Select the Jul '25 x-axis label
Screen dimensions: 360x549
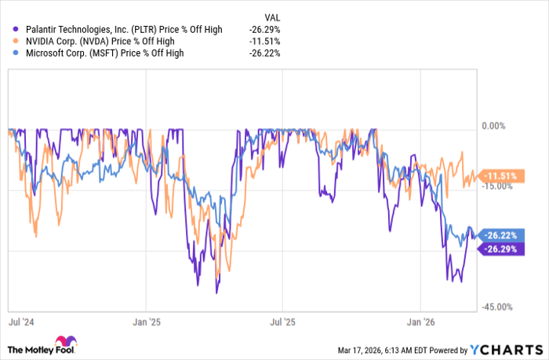(x=282, y=321)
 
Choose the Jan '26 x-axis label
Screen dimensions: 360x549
(x=420, y=321)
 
